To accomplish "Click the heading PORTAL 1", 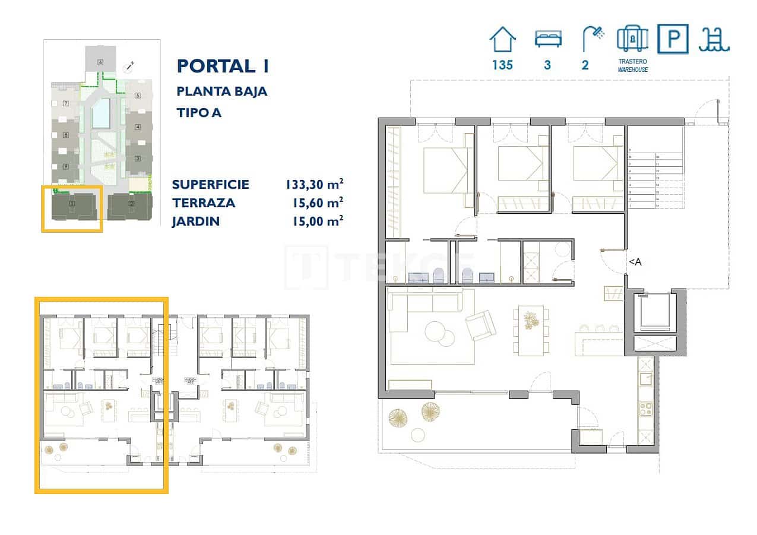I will [223, 66].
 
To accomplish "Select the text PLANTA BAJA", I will [222, 91].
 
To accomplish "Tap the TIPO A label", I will [199, 112].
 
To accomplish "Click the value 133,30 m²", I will [315, 184].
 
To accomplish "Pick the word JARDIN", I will [196, 221].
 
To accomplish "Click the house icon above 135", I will [502, 40].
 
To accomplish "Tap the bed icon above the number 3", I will [547, 39].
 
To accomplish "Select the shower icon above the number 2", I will [591, 39].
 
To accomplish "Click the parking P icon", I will [673, 39].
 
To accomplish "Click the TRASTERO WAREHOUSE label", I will [632, 65].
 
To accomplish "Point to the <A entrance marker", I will [635, 262].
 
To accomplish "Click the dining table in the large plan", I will [531, 330].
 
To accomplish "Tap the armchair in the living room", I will [480, 325].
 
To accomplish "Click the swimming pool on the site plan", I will [101, 113].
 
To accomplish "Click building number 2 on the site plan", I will [131, 205].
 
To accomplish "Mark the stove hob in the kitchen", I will [645, 409].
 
